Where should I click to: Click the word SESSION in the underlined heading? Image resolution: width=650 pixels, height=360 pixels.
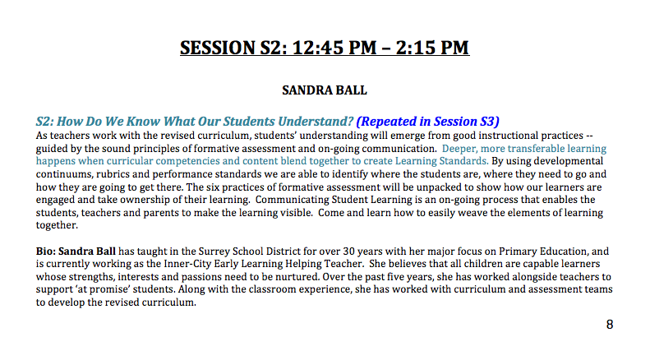218,48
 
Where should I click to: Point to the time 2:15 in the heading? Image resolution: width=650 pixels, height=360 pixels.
416,48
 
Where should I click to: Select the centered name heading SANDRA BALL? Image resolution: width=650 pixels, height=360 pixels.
325,90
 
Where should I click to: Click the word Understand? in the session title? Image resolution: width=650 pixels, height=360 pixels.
316,121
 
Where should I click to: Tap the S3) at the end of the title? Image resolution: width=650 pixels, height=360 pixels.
490,121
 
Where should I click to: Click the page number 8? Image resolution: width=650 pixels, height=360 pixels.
610,325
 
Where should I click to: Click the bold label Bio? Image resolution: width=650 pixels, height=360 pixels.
45,251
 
